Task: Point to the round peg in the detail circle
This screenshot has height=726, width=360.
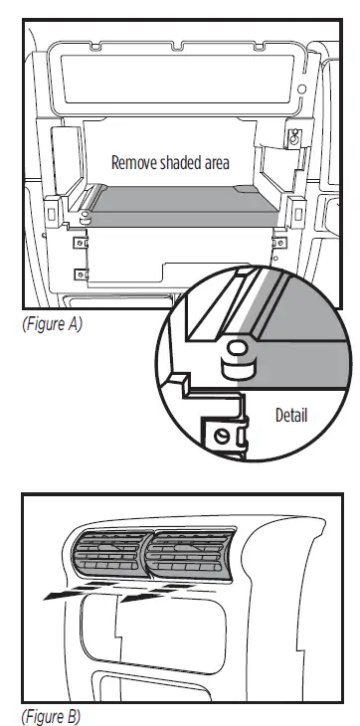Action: [239, 356]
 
